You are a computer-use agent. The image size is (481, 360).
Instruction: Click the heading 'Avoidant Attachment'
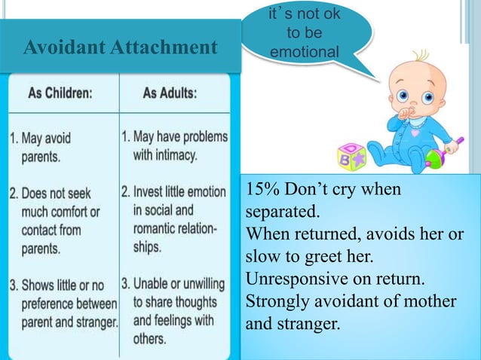(120, 48)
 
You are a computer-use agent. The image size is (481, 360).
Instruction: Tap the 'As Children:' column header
(60, 96)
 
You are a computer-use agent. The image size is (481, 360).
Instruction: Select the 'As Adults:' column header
(170, 96)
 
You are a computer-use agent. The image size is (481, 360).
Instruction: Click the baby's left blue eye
(403, 96)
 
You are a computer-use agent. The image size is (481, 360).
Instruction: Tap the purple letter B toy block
(351, 157)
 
